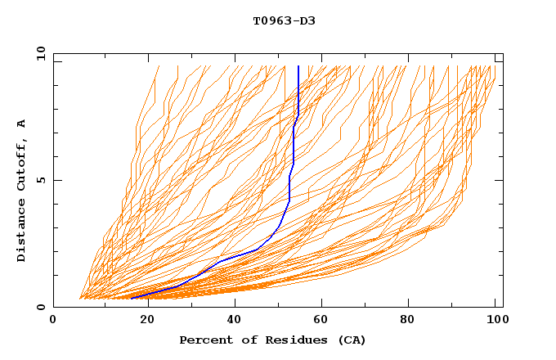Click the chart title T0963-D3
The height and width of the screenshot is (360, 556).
(284, 20)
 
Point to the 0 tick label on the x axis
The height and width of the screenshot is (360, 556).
(53, 322)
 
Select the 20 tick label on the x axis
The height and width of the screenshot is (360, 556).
(146, 322)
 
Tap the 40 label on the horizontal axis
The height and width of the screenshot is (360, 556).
(235, 322)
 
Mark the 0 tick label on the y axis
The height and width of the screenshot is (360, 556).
(40, 308)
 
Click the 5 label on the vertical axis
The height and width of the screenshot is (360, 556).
(40, 180)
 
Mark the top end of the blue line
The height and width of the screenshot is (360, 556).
(298, 66)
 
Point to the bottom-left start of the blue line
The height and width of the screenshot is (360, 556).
(132, 298)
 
